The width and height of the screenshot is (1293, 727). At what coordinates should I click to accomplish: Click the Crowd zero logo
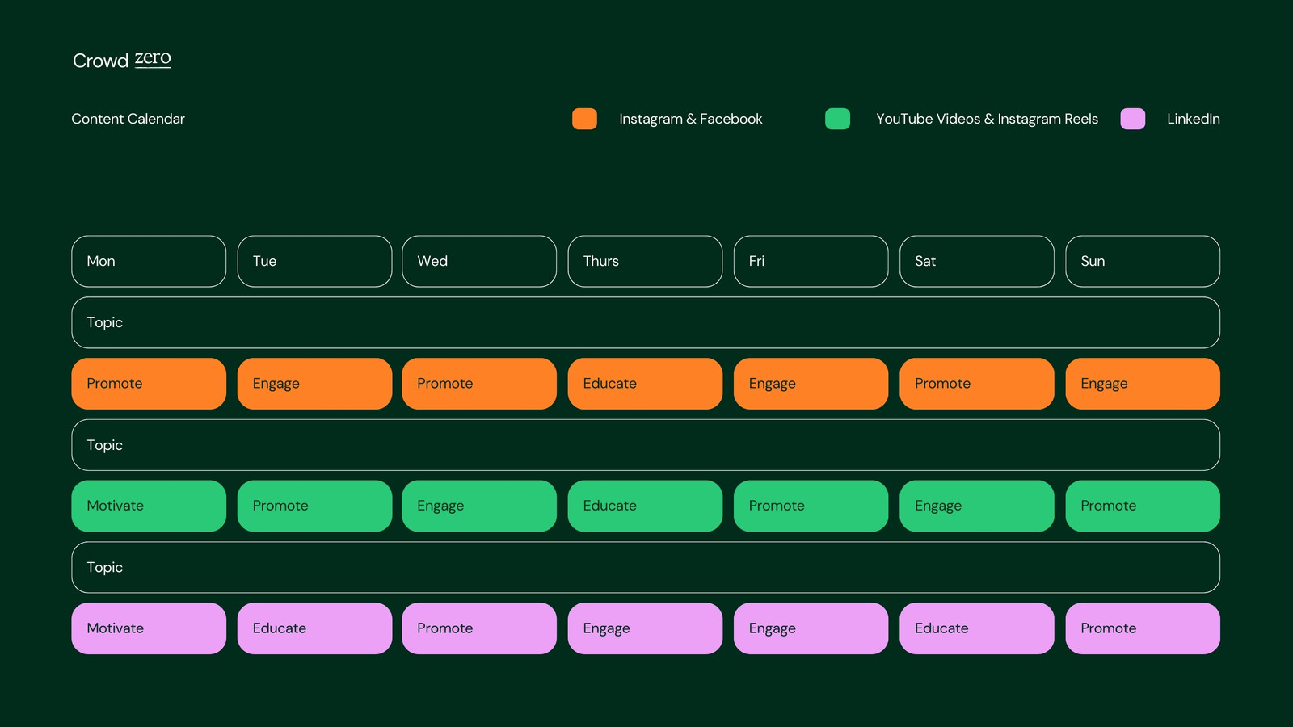(x=122, y=60)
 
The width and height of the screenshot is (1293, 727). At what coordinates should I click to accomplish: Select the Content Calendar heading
(x=128, y=119)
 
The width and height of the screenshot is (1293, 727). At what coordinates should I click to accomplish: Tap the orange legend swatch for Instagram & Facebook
(x=584, y=119)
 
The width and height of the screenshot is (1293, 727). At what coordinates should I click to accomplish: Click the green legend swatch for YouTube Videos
(x=837, y=119)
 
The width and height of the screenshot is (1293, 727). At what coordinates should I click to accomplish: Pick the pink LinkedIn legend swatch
(x=1132, y=119)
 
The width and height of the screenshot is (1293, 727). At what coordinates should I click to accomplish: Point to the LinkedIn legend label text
(x=1193, y=119)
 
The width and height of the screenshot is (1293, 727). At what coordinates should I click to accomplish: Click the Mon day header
(x=149, y=262)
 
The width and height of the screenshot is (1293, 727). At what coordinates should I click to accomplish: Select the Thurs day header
(x=645, y=262)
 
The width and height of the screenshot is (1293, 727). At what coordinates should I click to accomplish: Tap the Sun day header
(x=1143, y=262)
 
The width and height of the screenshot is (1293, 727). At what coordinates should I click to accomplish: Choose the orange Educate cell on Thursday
(x=645, y=384)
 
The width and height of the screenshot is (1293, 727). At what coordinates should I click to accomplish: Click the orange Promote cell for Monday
(x=149, y=384)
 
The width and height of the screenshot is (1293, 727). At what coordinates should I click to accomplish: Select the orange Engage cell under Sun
(x=1143, y=384)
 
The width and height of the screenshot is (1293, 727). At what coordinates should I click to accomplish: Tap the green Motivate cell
(x=149, y=506)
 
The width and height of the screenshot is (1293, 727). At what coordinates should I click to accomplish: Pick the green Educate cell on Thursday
(x=645, y=506)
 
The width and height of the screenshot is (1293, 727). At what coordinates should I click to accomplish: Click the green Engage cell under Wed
(x=479, y=506)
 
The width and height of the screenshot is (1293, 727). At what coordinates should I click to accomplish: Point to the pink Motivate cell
(x=149, y=628)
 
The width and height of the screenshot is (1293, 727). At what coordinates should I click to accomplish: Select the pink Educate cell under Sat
(x=977, y=628)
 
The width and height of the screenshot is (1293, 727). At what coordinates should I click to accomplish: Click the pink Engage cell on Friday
(x=811, y=628)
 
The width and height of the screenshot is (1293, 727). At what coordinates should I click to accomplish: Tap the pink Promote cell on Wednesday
(x=479, y=628)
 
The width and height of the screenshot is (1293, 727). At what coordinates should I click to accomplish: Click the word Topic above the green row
(x=104, y=445)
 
